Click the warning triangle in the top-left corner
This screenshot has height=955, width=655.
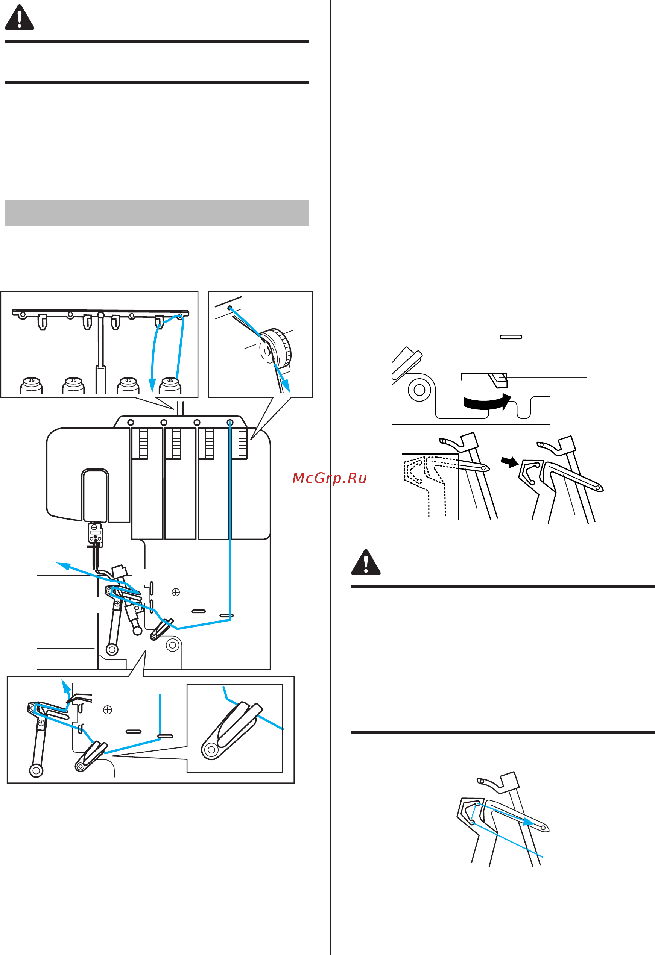(x=19, y=18)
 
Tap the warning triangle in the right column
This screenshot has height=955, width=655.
(x=366, y=562)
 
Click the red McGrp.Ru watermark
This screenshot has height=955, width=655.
(x=329, y=478)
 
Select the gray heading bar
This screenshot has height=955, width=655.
(x=157, y=213)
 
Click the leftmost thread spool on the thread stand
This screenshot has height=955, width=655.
(x=31, y=385)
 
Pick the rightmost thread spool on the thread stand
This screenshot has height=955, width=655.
(x=170, y=385)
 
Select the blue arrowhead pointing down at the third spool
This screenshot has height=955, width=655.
(x=152, y=385)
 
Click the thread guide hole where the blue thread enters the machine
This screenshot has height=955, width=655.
(x=230, y=423)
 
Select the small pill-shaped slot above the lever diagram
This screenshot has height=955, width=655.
(x=511, y=337)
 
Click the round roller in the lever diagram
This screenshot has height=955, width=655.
(x=419, y=390)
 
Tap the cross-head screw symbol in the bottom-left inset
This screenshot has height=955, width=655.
(x=107, y=710)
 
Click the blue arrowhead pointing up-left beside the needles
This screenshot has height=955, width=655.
(x=62, y=565)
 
